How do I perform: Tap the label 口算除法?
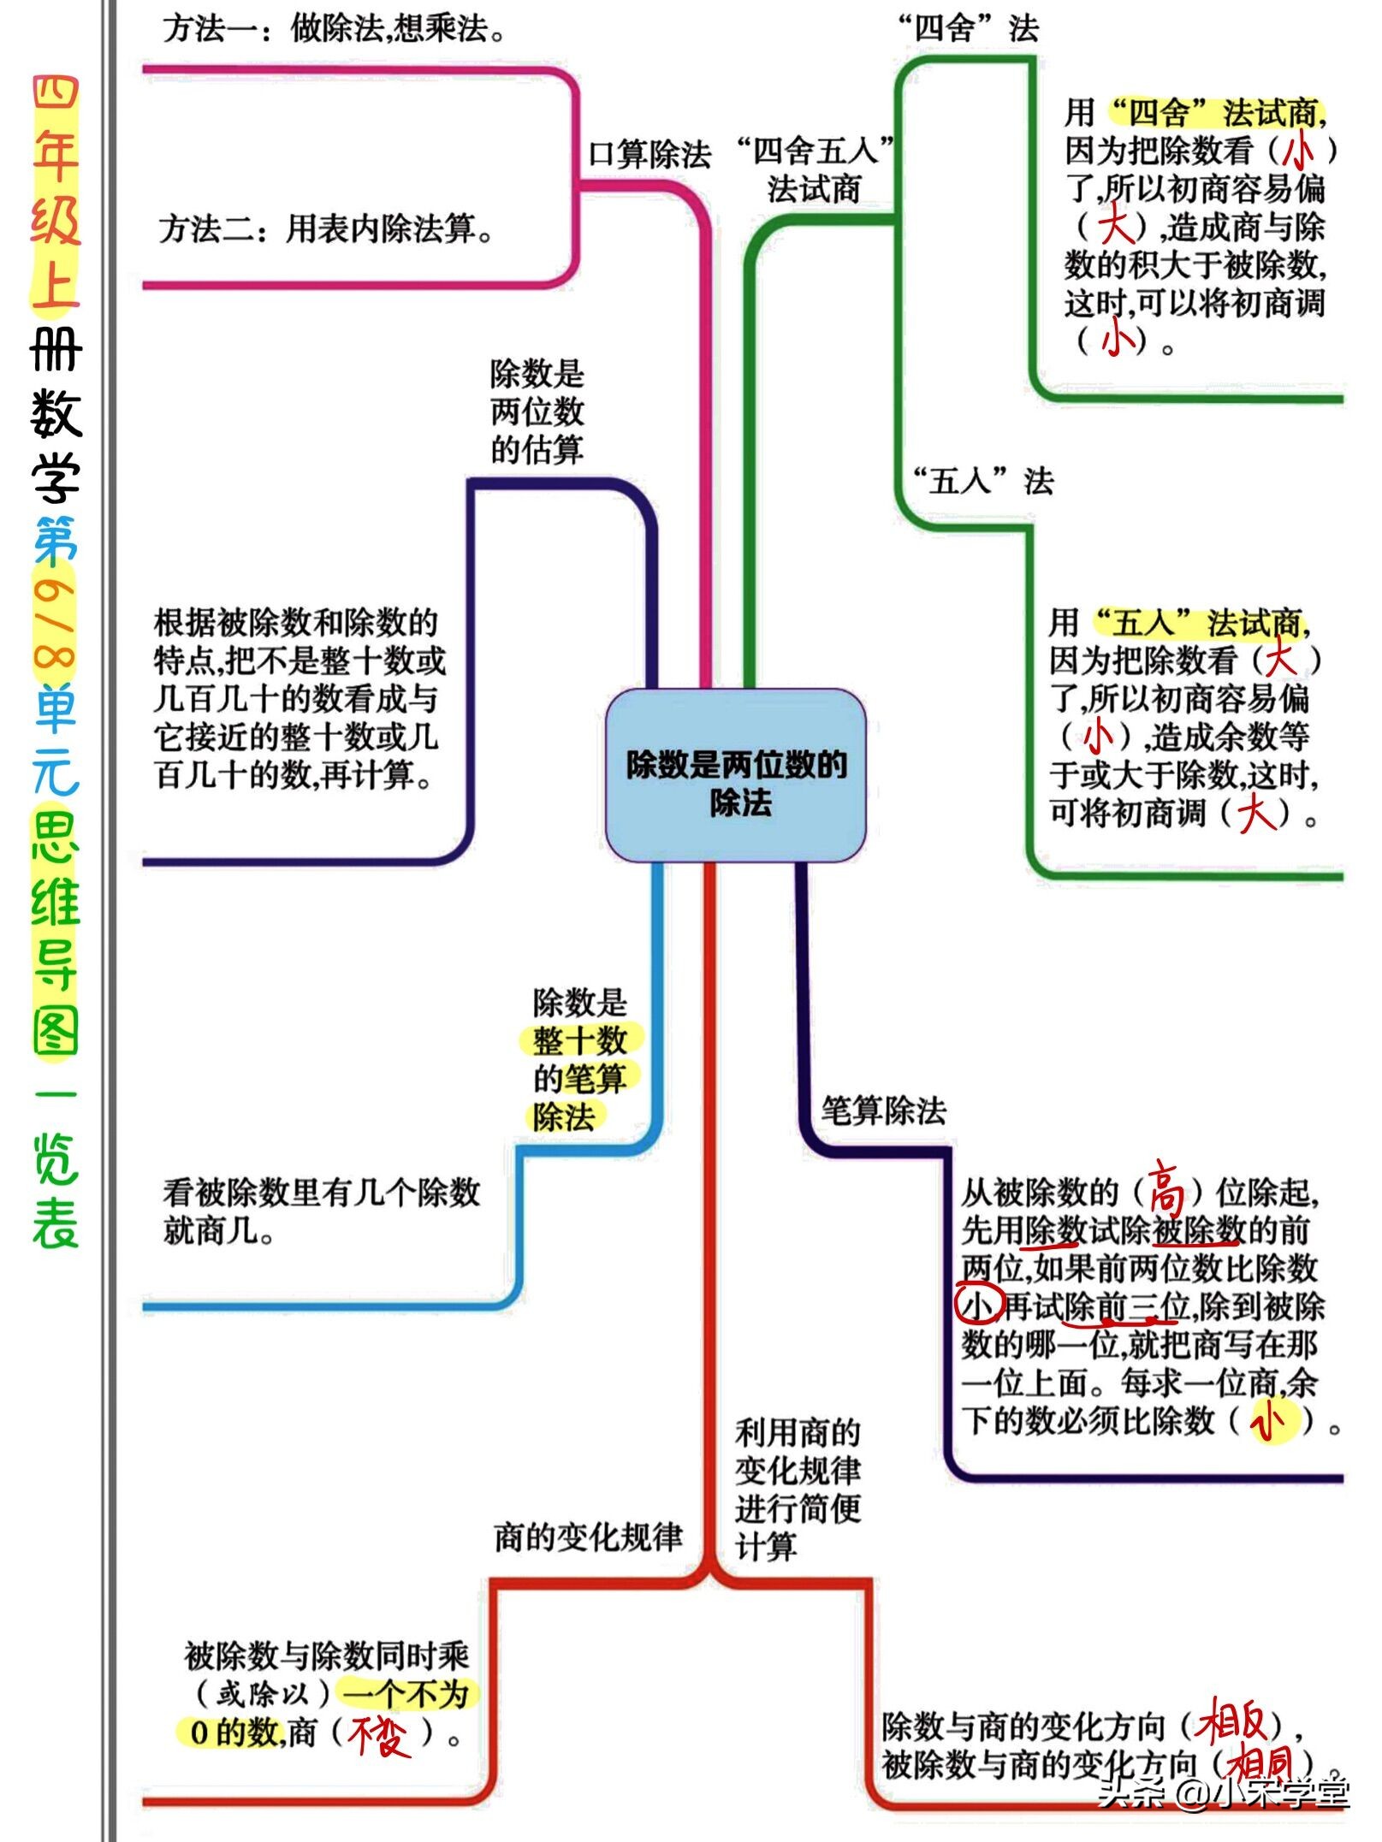click(649, 155)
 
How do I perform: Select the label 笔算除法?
click(883, 1111)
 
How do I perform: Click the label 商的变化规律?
click(588, 1537)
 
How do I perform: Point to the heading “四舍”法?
click(968, 29)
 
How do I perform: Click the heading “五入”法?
click(983, 481)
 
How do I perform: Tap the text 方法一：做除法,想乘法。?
click(334, 29)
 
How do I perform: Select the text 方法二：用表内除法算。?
click(326, 228)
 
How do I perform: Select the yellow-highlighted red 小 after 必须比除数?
click(1269, 1421)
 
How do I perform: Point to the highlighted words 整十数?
click(580, 1040)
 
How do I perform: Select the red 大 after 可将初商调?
click(1255, 813)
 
